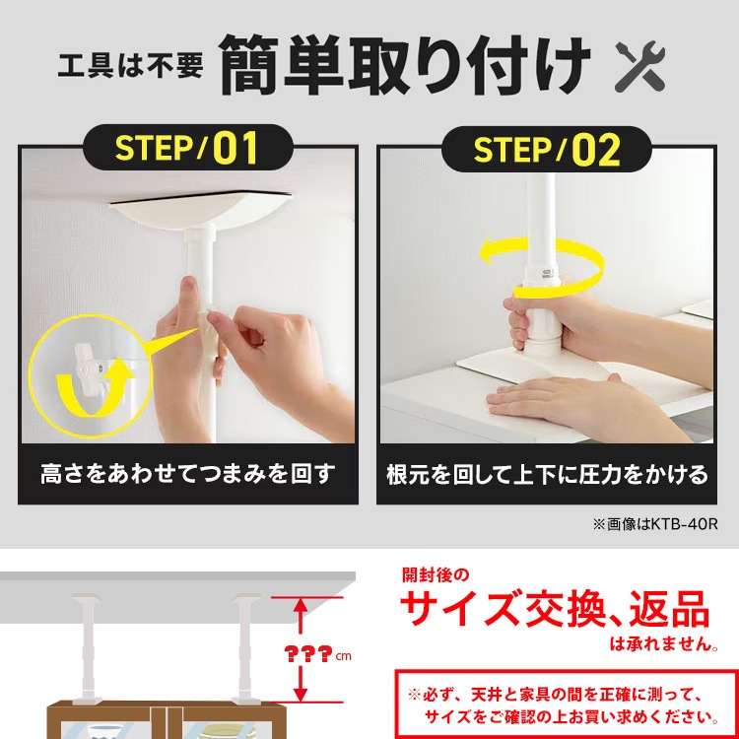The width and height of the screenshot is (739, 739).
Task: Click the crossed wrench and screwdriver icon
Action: [640, 66]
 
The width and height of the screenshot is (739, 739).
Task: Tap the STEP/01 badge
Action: [187, 148]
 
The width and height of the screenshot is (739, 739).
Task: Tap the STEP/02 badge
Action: [547, 150]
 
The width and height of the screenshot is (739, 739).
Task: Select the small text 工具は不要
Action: [130, 68]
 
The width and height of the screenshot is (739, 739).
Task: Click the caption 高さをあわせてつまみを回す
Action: [186, 475]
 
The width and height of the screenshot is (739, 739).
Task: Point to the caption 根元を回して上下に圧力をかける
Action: [547, 475]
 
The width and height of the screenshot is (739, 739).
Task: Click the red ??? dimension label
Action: [311, 654]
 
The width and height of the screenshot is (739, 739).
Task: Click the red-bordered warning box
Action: [558, 704]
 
